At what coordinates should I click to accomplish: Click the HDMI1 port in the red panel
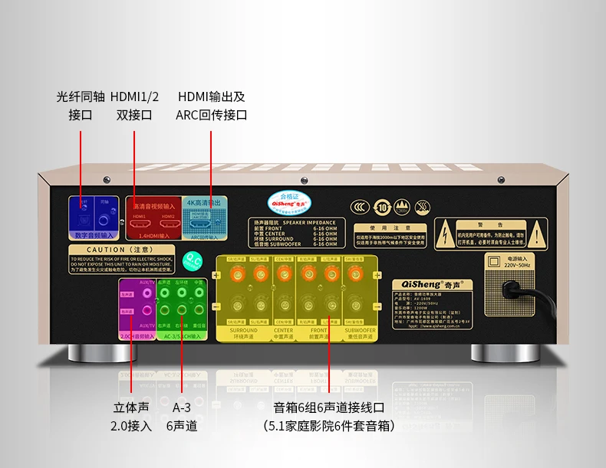[140, 224]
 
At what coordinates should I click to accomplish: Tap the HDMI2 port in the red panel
[168, 224]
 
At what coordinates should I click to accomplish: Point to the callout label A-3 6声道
[182, 417]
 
